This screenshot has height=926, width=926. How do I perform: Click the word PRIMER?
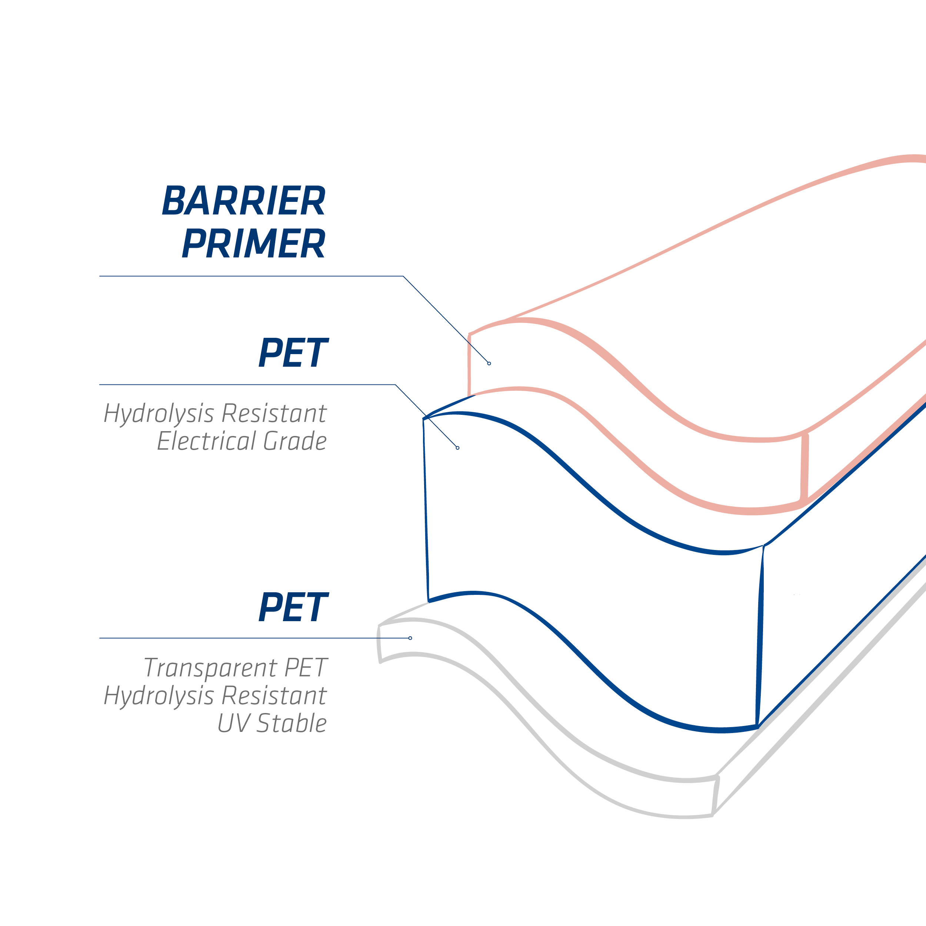pyautogui.click(x=254, y=243)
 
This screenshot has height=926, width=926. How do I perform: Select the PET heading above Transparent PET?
pyautogui.click(x=293, y=607)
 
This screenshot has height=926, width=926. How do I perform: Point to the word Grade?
pyautogui.click(x=295, y=441)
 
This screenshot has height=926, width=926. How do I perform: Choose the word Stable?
pyautogui.click(x=292, y=723)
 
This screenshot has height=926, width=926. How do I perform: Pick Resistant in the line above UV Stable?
pyautogui.click(x=274, y=695)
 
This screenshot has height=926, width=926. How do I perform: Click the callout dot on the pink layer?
pyautogui.click(x=489, y=364)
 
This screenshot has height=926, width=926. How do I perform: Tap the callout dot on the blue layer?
pyautogui.click(x=458, y=448)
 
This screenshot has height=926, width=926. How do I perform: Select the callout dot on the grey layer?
pyautogui.click(x=410, y=638)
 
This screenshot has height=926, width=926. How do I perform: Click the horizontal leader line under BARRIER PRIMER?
pyautogui.click(x=251, y=276)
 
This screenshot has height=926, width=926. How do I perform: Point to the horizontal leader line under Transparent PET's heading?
pyautogui.click(x=254, y=638)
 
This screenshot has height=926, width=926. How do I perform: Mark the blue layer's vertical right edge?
pyautogui.click(x=760, y=636)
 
